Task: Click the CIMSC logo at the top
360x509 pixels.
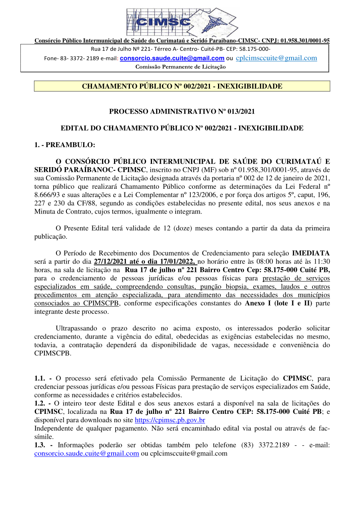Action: (x=181, y=21)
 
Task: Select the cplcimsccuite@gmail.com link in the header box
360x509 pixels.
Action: (x=276, y=58)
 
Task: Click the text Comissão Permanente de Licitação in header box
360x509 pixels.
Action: (x=180, y=67)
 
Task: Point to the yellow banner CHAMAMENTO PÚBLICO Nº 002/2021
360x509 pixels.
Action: (x=182, y=86)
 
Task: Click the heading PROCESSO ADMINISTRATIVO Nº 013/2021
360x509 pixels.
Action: (x=182, y=112)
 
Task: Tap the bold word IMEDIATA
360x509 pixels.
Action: (x=311, y=253)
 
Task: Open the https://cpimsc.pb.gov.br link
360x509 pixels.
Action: (x=170, y=420)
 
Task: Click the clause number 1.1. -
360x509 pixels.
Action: (x=43, y=378)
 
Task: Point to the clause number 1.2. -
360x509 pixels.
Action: (x=43, y=403)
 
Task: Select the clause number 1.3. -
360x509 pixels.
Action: (x=43, y=445)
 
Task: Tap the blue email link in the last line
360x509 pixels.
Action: (x=87, y=453)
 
